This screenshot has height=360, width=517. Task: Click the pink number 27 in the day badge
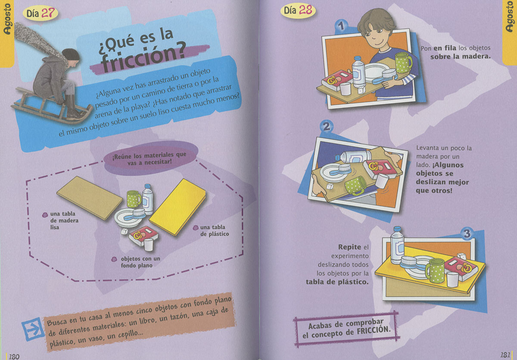point(49,13)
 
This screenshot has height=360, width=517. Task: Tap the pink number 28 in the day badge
point(305,10)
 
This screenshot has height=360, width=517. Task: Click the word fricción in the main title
point(143,57)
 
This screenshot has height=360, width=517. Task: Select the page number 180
point(14,356)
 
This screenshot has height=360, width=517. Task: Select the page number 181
point(505,355)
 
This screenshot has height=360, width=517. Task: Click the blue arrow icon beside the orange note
point(33,329)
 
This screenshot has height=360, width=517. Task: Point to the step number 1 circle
point(341,26)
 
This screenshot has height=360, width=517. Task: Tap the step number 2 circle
point(327,127)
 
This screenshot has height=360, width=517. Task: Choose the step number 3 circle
point(467,233)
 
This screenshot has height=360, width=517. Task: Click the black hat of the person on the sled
point(71,54)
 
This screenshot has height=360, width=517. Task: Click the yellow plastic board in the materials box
point(178,207)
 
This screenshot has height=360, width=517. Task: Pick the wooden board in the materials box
point(90,198)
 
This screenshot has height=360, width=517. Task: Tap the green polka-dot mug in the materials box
point(134,199)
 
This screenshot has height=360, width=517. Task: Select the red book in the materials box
point(143,235)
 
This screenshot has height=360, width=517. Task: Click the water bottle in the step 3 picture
point(397,245)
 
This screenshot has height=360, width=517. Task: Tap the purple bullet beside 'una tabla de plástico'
point(196,228)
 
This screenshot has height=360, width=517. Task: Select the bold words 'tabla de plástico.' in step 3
point(337,282)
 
